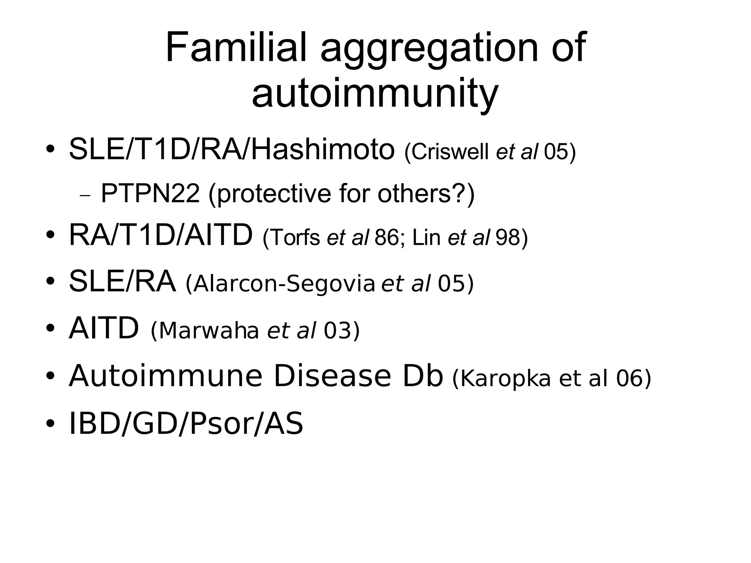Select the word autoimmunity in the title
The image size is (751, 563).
pyautogui.click(x=375, y=93)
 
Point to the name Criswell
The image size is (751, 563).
pyautogui.click(x=451, y=151)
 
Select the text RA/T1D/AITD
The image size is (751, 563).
pyautogui.click(x=161, y=235)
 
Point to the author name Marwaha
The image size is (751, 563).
pyautogui.click(x=209, y=330)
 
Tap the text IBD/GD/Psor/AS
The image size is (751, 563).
pyautogui.click(x=186, y=424)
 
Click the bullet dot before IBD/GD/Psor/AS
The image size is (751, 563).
pyautogui.click(x=51, y=424)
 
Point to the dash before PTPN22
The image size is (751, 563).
pyautogui.click(x=85, y=195)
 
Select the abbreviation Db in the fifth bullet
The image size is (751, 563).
pyautogui.click(x=423, y=376)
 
